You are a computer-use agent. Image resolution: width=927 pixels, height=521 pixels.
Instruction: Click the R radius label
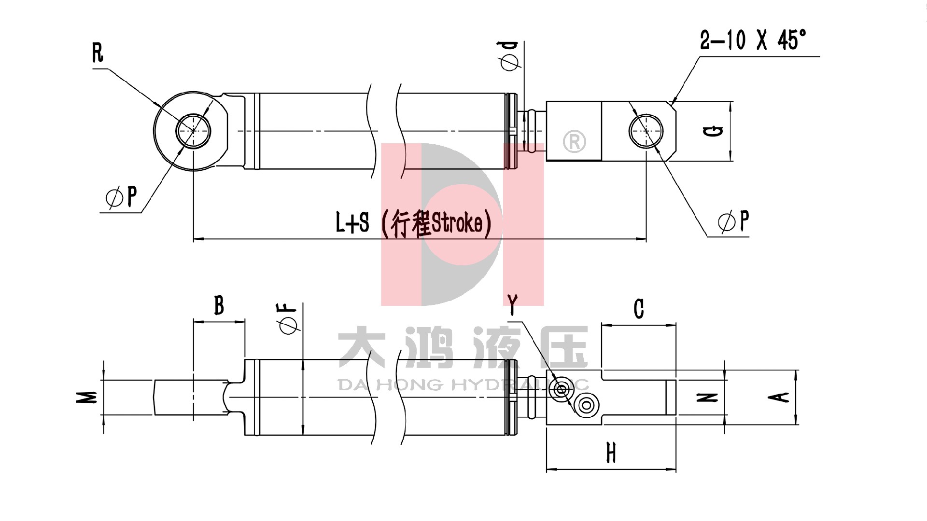pyautogui.click(x=98, y=53)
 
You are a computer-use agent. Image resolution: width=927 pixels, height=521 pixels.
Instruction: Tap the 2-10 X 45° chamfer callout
pyautogui.click(x=753, y=40)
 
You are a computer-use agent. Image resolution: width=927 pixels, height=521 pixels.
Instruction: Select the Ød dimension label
pyautogui.click(x=510, y=55)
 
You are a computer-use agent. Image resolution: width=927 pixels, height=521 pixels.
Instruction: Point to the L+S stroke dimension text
pyautogui.click(x=413, y=223)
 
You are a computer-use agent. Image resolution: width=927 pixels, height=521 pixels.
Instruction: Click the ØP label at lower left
pyautogui.click(x=121, y=197)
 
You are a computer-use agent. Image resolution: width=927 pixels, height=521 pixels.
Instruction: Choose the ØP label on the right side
pyautogui.click(x=733, y=221)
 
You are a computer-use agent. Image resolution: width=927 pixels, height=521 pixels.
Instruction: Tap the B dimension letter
pyautogui.click(x=219, y=305)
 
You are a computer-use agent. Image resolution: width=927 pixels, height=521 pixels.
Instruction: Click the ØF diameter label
pyautogui.click(x=287, y=319)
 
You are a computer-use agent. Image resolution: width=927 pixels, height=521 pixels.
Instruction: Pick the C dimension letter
pyautogui.click(x=638, y=309)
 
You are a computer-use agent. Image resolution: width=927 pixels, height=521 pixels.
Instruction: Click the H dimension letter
pyautogui.click(x=611, y=453)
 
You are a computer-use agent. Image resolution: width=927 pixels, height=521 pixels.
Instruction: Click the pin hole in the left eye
pyautogui.click(x=193, y=130)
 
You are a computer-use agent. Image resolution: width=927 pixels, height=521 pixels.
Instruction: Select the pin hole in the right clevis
pyautogui.click(x=646, y=131)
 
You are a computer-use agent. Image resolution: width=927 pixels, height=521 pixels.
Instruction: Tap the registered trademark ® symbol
pyautogui.click(x=574, y=142)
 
